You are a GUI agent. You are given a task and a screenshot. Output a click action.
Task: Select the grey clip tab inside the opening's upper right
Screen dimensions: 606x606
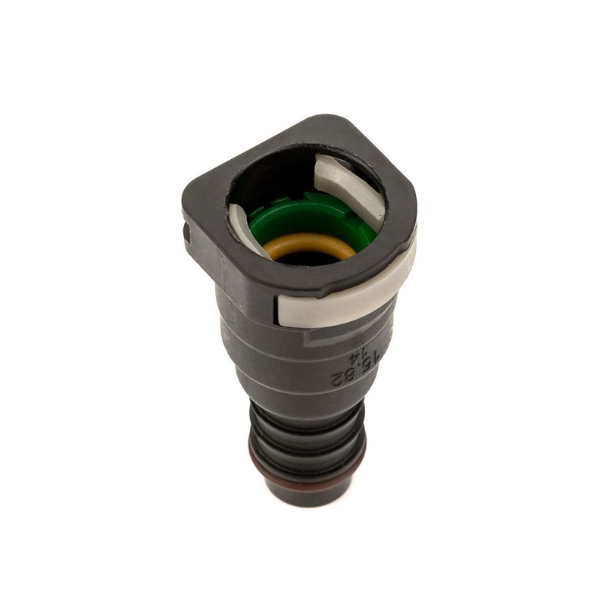[350, 182]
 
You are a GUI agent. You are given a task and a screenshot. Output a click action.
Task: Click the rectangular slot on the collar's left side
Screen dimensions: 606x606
[188, 231]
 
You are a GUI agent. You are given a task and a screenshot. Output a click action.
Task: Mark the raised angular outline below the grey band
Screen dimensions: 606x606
[333, 333]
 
